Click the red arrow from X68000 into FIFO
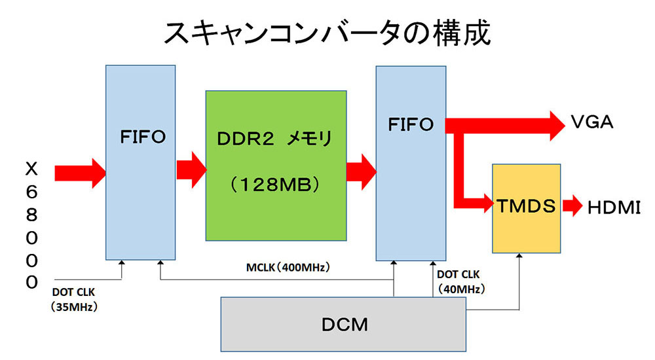coord(79,172)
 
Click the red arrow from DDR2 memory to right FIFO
coord(360,172)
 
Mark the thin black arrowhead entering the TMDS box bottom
coord(520,257)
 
